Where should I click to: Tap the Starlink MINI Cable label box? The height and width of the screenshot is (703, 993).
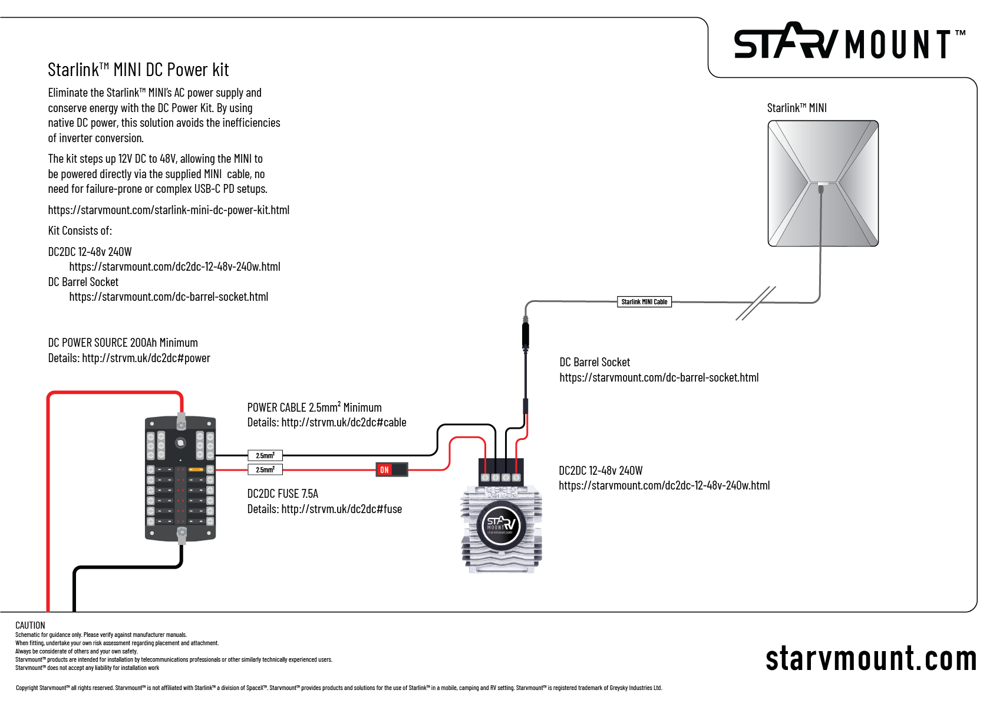click(644, 302)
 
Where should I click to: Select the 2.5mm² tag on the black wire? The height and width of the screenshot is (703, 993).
click(265, 455)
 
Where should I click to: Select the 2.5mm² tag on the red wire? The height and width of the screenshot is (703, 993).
click(265, 470)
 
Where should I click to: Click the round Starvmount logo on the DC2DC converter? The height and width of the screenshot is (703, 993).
click(500, 525)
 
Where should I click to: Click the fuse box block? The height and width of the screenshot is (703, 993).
click(180, 479)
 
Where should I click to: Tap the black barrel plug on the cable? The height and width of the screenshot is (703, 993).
click(526, 335)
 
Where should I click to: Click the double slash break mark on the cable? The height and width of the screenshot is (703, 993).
click(756, 303)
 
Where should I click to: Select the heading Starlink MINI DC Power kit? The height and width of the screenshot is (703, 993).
click(138, 70)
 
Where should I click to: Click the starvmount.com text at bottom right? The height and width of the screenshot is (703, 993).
click(870, 659)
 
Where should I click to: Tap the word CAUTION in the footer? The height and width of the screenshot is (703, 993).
click(30, 625)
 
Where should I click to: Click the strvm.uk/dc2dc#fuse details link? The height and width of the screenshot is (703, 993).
click(341, 509)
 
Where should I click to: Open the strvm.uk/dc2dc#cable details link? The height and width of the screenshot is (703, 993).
click(344, 422)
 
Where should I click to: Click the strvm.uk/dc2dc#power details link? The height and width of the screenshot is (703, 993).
click(146, 358)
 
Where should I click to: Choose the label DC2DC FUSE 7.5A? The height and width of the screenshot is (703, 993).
click(282, 494)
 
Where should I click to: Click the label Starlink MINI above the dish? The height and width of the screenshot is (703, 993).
click(797, 108)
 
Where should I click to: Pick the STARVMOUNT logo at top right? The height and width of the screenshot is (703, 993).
click(849, 42)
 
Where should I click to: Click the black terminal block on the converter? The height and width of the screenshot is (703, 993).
click(501, 471)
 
